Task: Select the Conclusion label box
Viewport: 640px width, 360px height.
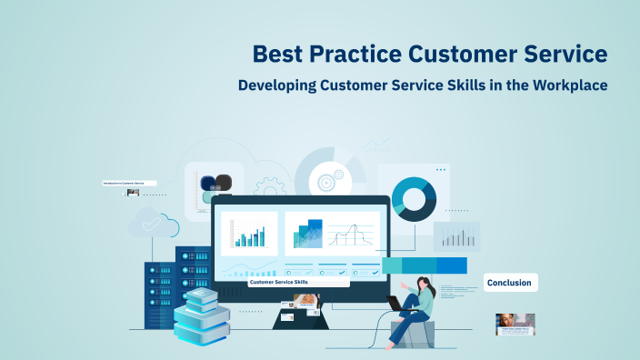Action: coord(510,283)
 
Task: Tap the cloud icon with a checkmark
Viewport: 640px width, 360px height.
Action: coord(146,222)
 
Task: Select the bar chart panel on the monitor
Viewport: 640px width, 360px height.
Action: coord(249,234)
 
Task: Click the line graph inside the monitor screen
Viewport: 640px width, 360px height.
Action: coord(351,235)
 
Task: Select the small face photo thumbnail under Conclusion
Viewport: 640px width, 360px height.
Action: coord(515,324)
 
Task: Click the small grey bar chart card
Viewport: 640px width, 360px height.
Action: coord(456,236)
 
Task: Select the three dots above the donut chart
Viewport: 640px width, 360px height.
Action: coord(441,169)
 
